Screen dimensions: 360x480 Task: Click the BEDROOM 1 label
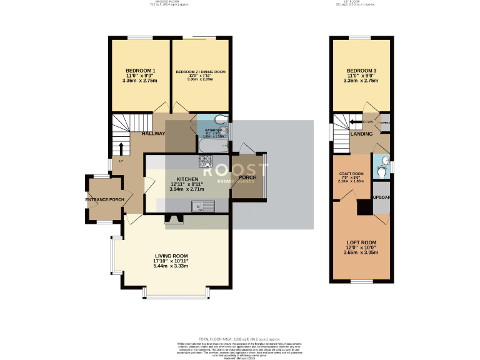point(140,70)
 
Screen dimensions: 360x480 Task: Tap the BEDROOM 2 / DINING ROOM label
point(200,72)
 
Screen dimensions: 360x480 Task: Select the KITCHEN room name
point(169,178)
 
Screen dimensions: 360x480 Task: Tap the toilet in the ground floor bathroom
point(222,123)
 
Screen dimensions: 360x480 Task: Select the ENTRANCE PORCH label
point(104,200)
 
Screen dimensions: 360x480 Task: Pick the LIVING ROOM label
point(171,256)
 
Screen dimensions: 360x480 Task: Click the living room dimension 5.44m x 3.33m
point(171,266)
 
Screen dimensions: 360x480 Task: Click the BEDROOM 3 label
point(362,70)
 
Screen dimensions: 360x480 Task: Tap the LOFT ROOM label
point(362,242)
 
